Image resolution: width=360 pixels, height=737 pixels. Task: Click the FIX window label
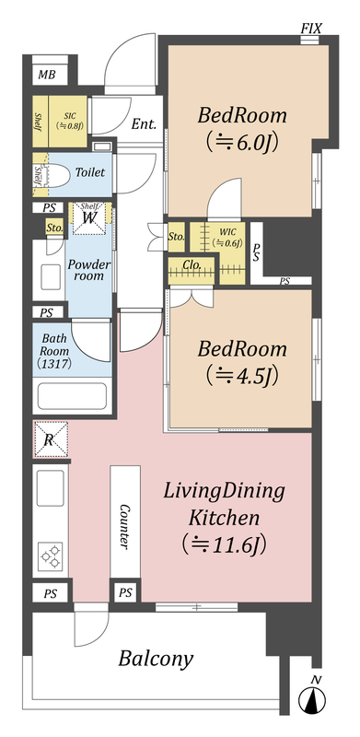coord(311,29)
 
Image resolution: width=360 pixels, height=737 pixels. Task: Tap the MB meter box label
coord(46,75)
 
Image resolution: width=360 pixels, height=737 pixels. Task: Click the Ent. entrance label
coord(144,124)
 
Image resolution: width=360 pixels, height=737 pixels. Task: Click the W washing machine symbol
coord(89,218)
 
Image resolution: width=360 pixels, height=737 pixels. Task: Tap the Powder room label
coord(88,270)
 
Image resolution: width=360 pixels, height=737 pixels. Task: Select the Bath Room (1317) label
coord(55,350)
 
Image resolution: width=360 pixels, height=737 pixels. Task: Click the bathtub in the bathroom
coord(72,396)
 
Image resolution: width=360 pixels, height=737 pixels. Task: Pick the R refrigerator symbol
coord(51,439)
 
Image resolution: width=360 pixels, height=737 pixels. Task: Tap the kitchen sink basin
coord(50,488)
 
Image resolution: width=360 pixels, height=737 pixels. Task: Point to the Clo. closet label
coord(192,265)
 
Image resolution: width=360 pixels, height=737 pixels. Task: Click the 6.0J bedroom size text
coord(240,141)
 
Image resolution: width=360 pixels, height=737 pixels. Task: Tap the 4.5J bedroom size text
coord(240,375)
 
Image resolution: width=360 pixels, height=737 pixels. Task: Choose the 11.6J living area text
coord(224,544)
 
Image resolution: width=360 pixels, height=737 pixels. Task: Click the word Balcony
coord(156,660)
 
